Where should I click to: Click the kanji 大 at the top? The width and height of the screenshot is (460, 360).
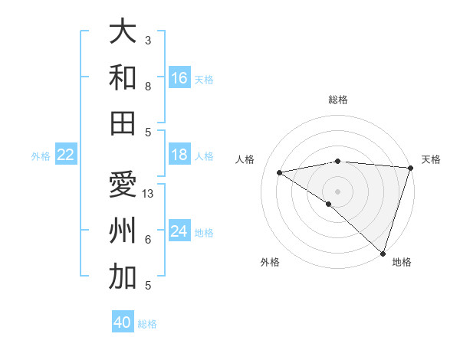123,32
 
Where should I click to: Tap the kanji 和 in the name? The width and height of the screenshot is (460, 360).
123,77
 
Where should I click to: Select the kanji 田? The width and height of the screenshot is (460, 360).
123,123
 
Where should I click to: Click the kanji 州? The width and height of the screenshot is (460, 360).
123,231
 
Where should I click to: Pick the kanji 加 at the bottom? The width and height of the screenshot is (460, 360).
123,277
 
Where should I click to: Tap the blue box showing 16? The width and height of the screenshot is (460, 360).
179,78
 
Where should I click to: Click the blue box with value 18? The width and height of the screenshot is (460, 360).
179,155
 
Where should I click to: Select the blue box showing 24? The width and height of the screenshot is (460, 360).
179,231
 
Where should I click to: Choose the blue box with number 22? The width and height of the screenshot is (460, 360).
66,155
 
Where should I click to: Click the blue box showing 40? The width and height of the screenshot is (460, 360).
123,322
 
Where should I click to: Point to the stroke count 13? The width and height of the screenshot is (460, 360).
149,193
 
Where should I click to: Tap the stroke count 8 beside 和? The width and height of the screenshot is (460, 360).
148,87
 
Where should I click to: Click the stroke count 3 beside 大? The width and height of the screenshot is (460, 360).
148,40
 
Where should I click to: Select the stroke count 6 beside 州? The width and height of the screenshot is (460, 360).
148,240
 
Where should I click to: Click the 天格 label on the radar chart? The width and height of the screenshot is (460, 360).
431,159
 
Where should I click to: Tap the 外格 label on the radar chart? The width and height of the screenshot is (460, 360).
270,262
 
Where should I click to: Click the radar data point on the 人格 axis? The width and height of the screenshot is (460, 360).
280,172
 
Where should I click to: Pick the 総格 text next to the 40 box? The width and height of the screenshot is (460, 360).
147,324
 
